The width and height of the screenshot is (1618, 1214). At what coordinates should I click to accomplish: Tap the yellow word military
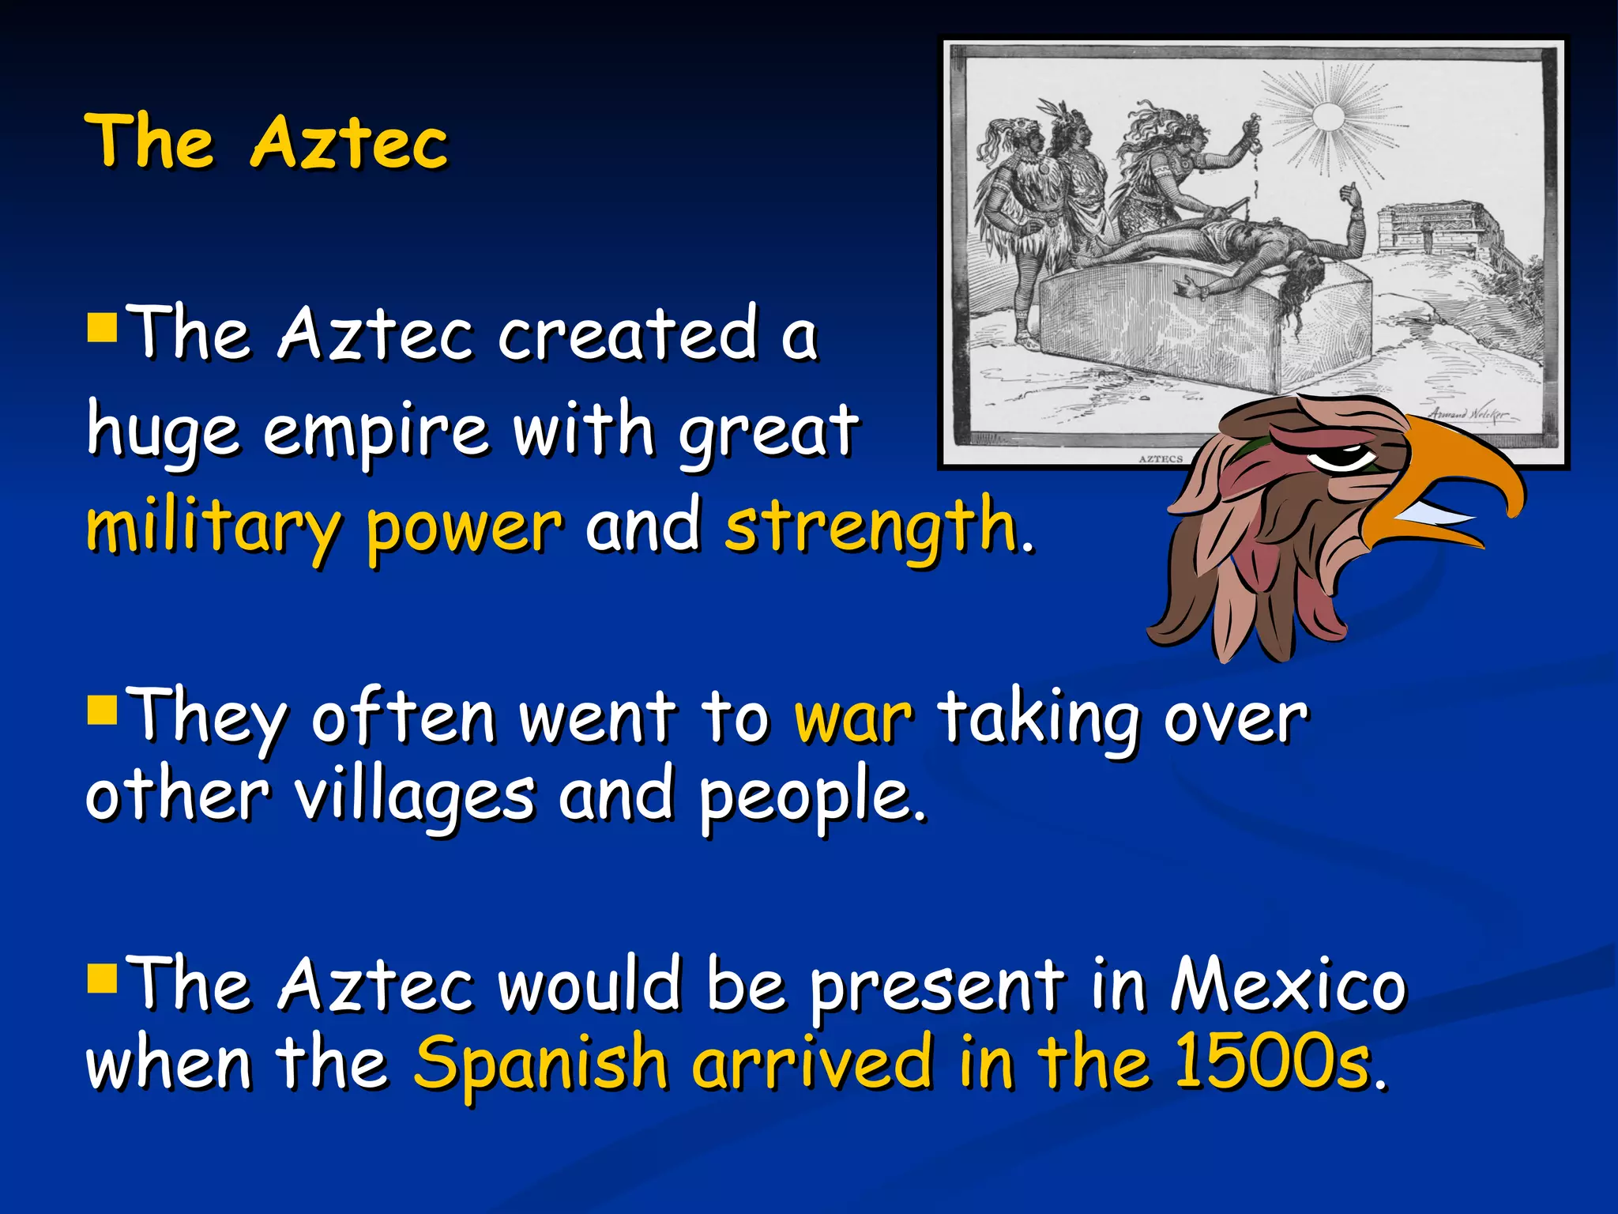[x=213, y=527]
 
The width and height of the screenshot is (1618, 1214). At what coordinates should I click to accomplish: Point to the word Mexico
[x=1288, y=986]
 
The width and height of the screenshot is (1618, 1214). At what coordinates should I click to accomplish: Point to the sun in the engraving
[x=1327, y=119]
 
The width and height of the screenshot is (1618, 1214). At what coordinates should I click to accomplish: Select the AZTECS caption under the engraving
[x=1161, y=458]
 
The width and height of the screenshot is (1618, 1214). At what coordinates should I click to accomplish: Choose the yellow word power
[x=465, y=527]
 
